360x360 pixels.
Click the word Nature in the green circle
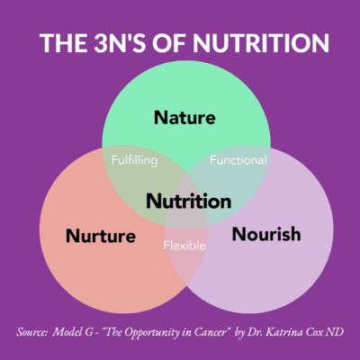pyautogui.click(x=184, y=117)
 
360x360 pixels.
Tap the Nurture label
pyautogui.click(x=101, y=236)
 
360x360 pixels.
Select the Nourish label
pyautogui.click(x=266, y=234)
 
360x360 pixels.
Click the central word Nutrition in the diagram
pyautogui.click(x=189, y=201)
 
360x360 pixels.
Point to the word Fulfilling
pyautogui.click(x=134, y=160)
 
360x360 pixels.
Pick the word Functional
pyautogui.click(x=238, y=160)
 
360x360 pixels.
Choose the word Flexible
pyautogui.click(x=184, y=246)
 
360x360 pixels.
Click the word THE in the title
pyautogui.click(x=63, y=43)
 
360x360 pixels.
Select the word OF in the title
pyautogui.click(x=170, y=43)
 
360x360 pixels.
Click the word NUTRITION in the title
pyautogui.click(x=261, y=43)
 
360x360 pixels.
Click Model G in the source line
pyautogui.click(x=73, y=332)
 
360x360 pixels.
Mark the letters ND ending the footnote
pyautogui.click(x=336, y=332)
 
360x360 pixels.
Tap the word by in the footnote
pyautogui.click(x=240, y=333)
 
